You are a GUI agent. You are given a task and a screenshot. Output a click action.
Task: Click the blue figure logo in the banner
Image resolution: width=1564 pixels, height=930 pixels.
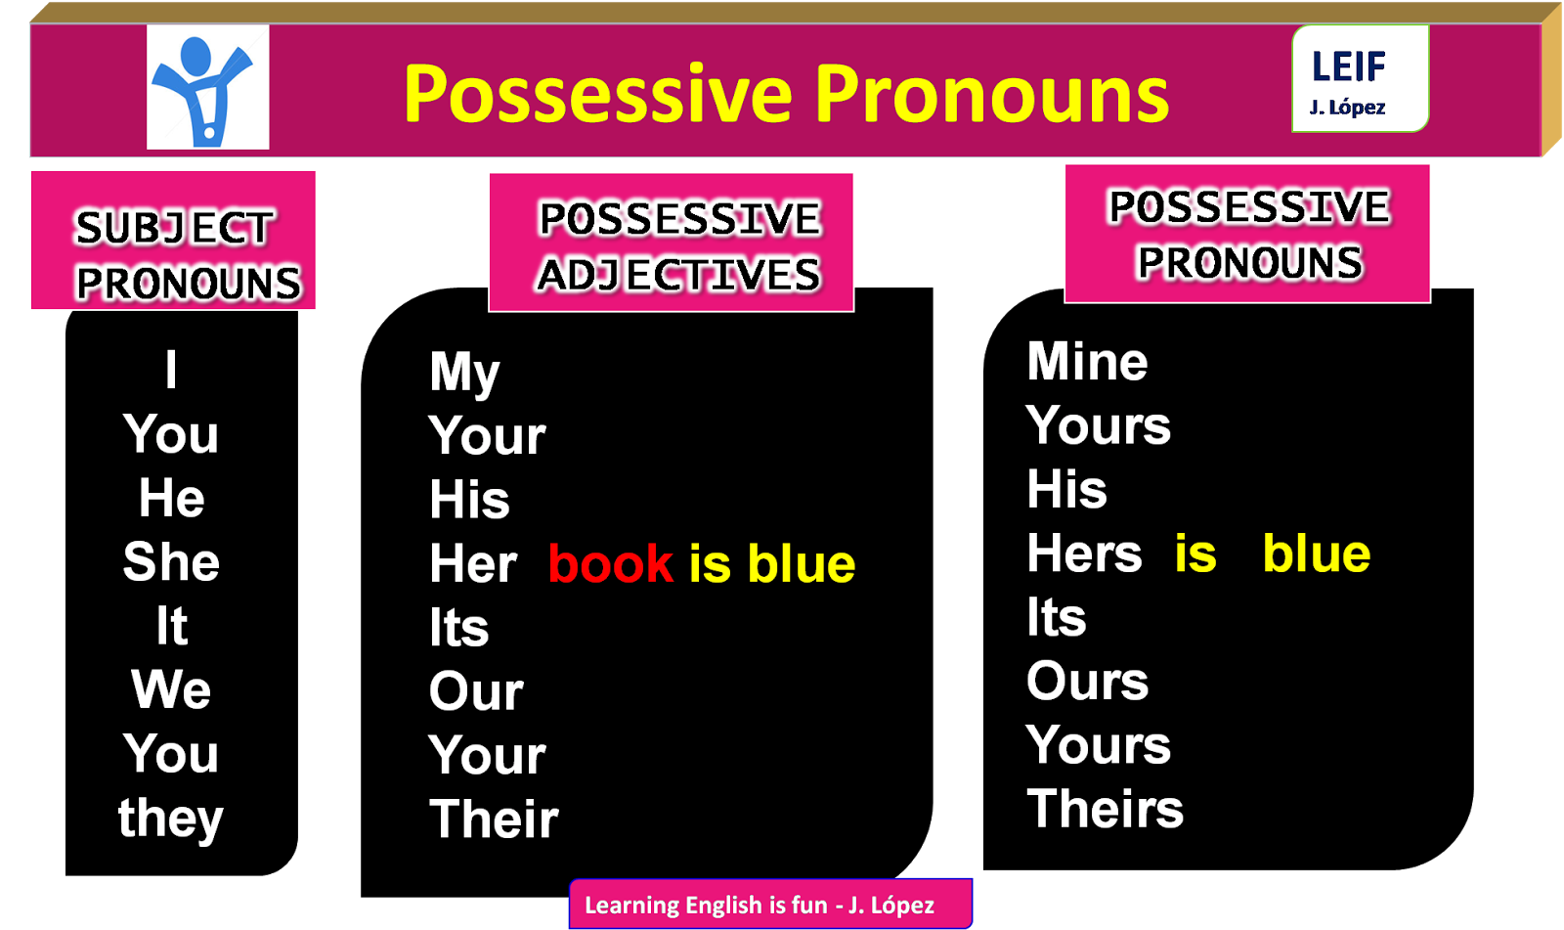(x=207, y=88)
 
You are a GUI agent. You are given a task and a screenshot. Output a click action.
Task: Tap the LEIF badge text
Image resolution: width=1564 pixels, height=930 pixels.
(x=1349, y=67)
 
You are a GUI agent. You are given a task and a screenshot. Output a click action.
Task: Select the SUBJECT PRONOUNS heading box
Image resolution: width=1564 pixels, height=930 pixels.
(x=174, y=241)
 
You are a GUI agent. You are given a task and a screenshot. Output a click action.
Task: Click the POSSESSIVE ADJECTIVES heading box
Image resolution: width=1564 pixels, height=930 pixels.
(x=672, y=243)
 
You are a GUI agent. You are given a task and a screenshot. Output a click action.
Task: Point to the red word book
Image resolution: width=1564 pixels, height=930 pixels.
(x=611, y=564)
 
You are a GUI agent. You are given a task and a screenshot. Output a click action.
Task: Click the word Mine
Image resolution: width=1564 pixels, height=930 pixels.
(x=1087, y=362)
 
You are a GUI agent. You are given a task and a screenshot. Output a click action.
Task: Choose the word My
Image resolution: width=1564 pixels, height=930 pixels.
(x=464, y=374)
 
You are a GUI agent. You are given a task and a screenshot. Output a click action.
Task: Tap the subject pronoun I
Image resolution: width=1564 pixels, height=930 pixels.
(x=171, y=371)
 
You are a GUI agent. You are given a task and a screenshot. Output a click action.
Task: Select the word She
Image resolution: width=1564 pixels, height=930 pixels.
(x=171, y=562)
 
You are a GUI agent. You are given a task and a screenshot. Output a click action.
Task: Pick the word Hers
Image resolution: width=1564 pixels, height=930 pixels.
(x=1084, y=554)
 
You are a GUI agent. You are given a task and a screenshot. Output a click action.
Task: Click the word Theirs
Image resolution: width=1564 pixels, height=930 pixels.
(x=1105, y=810)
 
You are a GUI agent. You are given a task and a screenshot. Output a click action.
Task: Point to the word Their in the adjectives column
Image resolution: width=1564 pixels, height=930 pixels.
(x=494, y=819)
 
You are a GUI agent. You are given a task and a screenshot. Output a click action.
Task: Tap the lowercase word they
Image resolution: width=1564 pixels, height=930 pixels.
(x=171, y=819)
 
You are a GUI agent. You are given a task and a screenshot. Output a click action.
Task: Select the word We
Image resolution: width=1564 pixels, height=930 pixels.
(x=171, y=690)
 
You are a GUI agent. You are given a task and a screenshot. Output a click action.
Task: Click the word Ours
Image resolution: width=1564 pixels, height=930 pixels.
(x=1087, y=682)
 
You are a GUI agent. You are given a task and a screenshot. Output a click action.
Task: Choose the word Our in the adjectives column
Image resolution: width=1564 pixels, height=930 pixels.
(x=476, y=692)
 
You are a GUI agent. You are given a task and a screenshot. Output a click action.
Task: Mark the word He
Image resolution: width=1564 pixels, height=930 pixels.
(x=171, y=499)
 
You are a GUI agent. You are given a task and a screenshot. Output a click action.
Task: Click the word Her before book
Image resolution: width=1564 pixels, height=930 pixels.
(x=473, y=564)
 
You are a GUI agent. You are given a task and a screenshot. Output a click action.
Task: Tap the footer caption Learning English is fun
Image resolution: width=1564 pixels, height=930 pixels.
(x=760, y=905)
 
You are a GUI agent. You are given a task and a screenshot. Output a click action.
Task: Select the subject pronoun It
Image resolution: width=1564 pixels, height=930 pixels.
(x=171, y=626)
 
